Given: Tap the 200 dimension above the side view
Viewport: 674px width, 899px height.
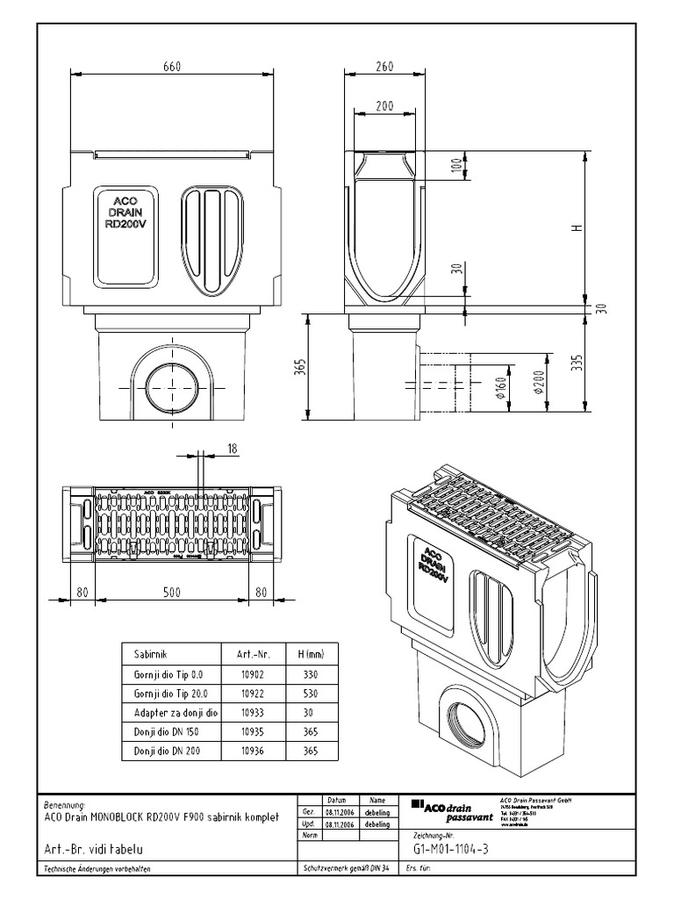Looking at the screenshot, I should pyautogui.click(x=384, y=105).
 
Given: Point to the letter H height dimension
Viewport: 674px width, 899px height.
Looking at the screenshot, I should pyautogui.click(x=577, y=228).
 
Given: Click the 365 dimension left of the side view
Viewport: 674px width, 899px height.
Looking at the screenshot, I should pyautogui.click(x=299, y=366).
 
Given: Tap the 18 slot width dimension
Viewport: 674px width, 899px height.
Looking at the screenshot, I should pyautogui.click(x=232, y=448).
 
